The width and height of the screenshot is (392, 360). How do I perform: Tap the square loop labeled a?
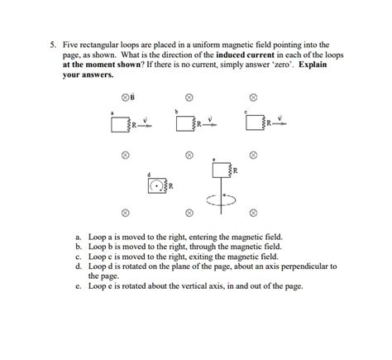coord(119,123)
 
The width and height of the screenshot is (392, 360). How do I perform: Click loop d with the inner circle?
coord(157,185)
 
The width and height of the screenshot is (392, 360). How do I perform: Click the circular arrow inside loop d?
coord(156,185)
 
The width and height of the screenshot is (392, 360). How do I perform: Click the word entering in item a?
coord(198,238)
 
